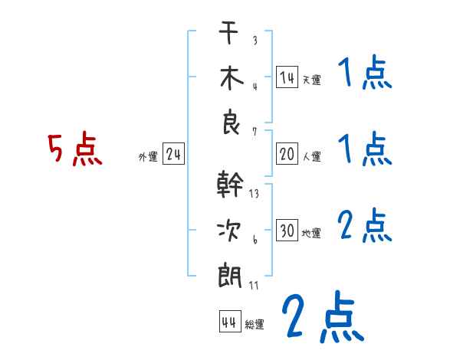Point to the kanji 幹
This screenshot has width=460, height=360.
[x=231, y=186]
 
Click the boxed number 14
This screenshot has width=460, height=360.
[x=287, y=77]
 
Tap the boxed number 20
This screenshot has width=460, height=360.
[x=287, y=155]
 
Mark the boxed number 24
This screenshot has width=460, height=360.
[x=173, y=155]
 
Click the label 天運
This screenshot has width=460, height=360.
[x=311, y=80]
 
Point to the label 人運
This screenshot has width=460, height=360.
[x=311, y=157]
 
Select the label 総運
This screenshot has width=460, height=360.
[x=255, y=324]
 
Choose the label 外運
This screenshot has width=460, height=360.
[x=148, y=157]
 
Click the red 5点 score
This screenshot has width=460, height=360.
[x=74, y=150]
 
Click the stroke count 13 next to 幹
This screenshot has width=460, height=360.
[x=254, y=194]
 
